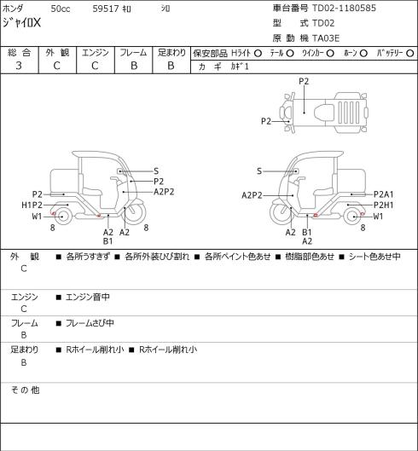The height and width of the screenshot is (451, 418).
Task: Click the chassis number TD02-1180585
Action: click(x=344, y=8)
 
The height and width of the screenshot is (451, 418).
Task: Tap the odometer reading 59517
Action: click(x=106, y=9)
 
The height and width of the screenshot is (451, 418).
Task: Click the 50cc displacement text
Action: click(x=61, y=9)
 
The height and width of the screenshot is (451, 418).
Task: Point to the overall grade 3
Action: click(x=19, y=66)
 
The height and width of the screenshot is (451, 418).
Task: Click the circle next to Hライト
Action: click(x=258, y=53)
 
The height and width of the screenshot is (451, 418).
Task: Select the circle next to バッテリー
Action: click(x=410, y=53)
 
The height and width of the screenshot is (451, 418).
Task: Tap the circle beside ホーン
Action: click(x=363, y=53)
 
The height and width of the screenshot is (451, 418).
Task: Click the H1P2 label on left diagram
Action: click(x=32, y=205)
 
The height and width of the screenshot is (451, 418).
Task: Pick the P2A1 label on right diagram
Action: click(x=384, y=194)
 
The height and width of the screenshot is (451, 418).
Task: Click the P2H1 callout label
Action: click(x=384, y=205)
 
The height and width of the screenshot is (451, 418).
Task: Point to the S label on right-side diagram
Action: click(x=259, y=171)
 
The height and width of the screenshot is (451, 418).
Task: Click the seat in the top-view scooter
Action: click(x=324, y=111)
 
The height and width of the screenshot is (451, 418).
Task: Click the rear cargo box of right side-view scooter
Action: click(x=351, y=182)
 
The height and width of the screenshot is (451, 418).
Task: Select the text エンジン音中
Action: click(x=88, y=297)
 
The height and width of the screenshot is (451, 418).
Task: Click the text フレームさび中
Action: click(x=90, y=323)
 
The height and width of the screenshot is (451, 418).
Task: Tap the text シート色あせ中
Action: click(x=374, y=257)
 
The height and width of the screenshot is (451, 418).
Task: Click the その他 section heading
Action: click(x=25, y=390)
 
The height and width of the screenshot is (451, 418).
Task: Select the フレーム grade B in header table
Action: click(x=134, y=66)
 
